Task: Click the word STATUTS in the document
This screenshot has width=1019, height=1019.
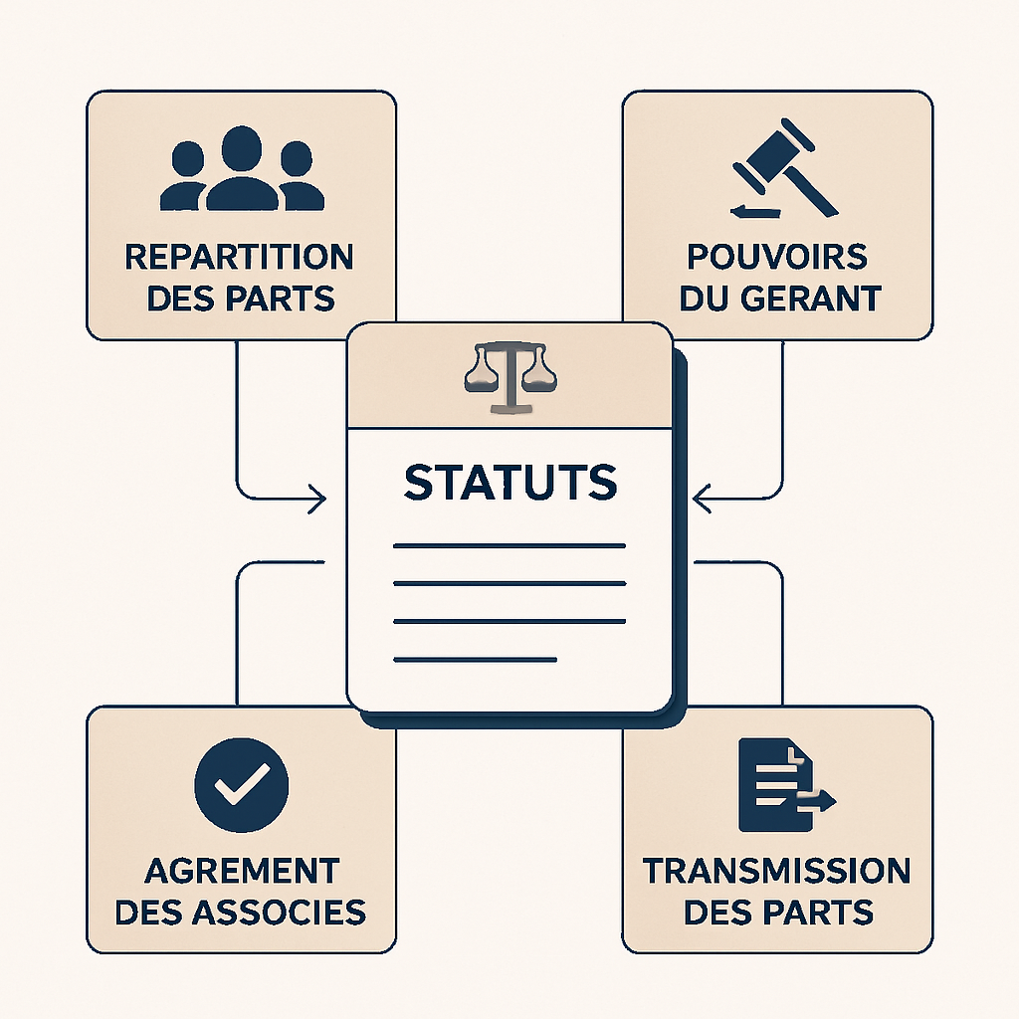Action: (509, 482)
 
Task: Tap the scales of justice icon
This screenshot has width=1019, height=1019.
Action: (509, 377)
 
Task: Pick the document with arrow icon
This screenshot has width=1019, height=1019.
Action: (782, 786)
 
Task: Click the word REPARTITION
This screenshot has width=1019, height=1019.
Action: (239, 257)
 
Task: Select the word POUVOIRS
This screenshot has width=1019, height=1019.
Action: (777, 257)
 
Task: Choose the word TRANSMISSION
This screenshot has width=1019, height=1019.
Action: (776, 871)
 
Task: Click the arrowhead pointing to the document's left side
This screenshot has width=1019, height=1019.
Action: (317, 499)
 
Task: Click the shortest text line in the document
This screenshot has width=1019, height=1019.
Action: (474, 659)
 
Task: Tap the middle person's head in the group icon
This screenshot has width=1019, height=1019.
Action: (242, 147)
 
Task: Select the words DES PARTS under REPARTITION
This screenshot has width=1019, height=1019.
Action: (240, 298)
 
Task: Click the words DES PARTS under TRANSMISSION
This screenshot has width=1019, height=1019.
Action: (778, 912)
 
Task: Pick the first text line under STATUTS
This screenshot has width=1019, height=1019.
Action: (509, 546)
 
